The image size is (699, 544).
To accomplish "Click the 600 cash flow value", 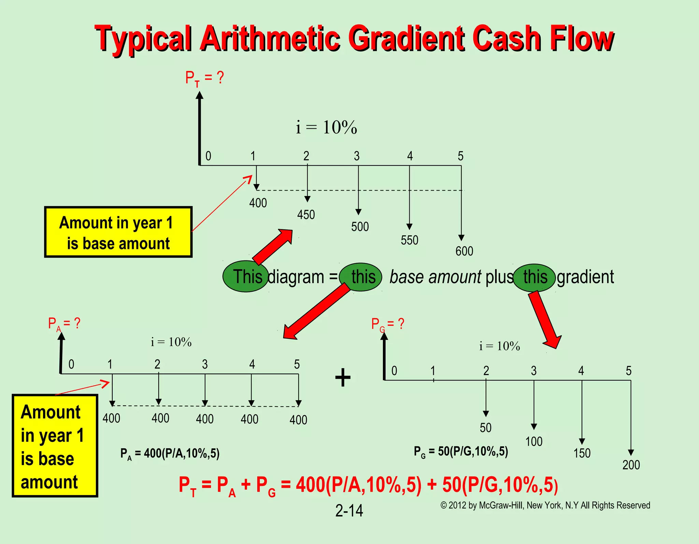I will [x=464, y=251].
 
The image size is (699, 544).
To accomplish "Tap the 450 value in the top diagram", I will [x=306, y=215].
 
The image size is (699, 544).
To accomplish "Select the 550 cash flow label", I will [x=409, y=240].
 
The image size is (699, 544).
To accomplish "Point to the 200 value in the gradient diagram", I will [x=631, y=465].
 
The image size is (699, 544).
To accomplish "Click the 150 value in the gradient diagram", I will [x=582, y=453].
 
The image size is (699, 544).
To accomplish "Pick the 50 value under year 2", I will [x=485, y=428].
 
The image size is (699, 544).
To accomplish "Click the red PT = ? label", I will [x=204, y=78].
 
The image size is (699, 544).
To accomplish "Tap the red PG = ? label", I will [x=387, y=324].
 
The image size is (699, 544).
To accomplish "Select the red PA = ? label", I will [x=64, y=323].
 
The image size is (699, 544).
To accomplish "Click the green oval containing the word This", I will [x=245, y=276].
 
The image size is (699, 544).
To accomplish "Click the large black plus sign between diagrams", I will [x=343, y=378].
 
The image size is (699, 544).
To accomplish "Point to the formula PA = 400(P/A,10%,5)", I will [x=170, y=454].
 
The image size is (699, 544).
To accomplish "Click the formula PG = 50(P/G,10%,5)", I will [x=461, y=451].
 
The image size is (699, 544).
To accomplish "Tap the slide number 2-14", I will [x=349, y=511].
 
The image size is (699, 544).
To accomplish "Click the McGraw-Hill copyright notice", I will [x=545, y=505].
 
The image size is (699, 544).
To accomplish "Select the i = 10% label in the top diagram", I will [x=326, y=127].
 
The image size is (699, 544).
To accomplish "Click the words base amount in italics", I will [x=435, y=277].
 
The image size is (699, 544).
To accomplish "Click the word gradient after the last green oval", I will [x=585, y=277].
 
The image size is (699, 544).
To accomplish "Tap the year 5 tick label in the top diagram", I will [x=460, y=156].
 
